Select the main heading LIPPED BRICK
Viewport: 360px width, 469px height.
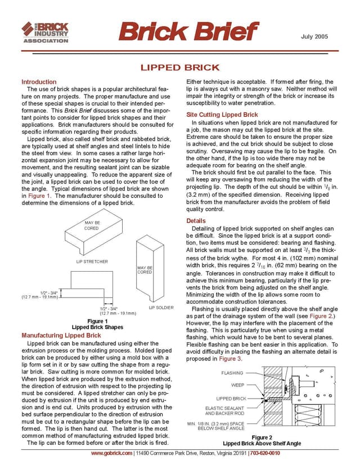179,68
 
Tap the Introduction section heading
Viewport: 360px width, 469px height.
39,82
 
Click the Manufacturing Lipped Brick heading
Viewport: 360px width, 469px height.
61,336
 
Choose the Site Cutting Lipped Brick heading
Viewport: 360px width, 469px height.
222,115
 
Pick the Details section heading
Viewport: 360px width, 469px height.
196,221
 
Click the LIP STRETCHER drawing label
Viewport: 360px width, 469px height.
92,261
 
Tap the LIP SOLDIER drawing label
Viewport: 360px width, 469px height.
160,308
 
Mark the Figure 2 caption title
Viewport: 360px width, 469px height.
262,437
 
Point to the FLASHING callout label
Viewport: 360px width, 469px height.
232,373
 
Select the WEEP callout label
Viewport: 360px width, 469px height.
237,385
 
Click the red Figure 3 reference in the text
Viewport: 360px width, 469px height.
231,359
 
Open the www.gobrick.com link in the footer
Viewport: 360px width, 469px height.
111,453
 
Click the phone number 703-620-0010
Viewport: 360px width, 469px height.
267,453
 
